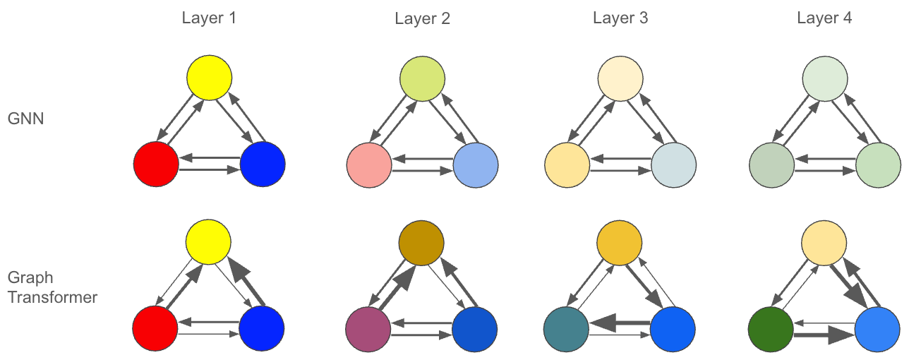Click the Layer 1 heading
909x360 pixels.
[x=208, y=18]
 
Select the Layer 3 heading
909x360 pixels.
[x=620, y=18]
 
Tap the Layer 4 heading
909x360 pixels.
[x=824, y=18]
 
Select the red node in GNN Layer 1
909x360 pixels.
[x=156, y=164]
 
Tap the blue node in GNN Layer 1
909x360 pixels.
[x=263, y=164]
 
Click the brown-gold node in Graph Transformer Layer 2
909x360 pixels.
[x=421, y=244]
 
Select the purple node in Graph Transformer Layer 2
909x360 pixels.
[x=368, y=329]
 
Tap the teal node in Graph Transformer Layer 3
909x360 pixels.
[x=567, y=329]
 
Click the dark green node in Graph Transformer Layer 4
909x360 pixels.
[x=770, y=329]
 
